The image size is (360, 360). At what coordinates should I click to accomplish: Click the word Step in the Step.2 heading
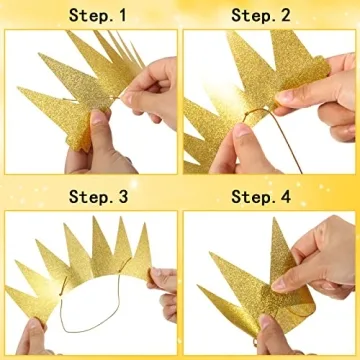252,15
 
